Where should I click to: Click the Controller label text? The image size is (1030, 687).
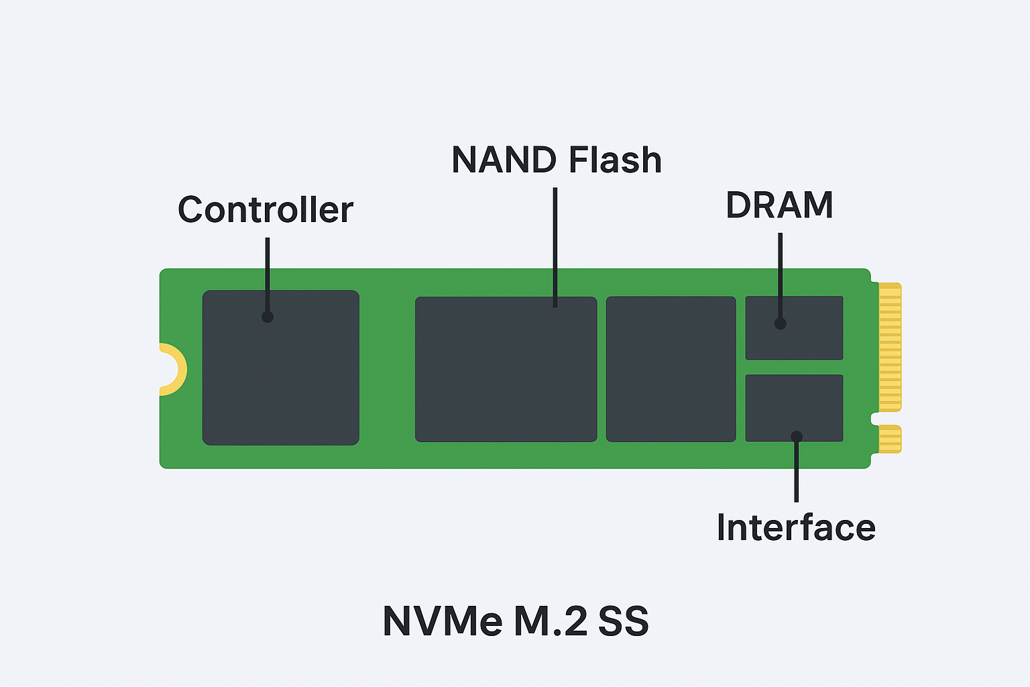point(265,210)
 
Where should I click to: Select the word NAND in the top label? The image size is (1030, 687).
point(504,160)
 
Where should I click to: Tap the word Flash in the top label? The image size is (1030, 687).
point(615,160)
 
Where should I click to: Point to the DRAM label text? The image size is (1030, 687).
point(779,205)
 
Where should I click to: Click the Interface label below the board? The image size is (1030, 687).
point(796,528)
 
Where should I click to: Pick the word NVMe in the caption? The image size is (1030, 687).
point(442,621)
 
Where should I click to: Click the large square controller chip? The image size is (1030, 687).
point(280,376)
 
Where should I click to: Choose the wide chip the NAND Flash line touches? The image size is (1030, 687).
point(506,376)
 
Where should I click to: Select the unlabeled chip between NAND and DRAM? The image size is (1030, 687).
point(671,369)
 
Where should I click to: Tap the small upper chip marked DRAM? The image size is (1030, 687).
point(805,335)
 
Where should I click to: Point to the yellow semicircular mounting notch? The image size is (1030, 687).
point(173,369)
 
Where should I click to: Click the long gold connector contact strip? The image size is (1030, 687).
point(890,347)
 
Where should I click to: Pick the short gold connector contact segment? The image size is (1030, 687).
point(890,439)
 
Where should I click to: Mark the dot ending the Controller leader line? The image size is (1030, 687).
point(268,317)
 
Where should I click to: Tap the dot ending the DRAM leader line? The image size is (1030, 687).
point(780,323)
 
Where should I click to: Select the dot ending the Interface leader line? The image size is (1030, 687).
point(797,437)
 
